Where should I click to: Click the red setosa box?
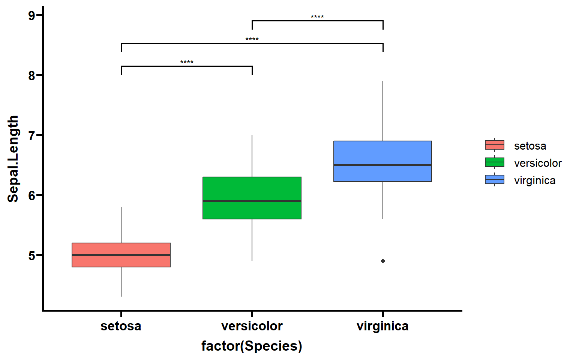click(121, 255)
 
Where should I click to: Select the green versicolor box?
click(252, 198)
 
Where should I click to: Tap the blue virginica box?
click(382, 161)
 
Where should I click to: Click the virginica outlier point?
click(383, 261)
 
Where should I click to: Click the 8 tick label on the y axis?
click(32, 76)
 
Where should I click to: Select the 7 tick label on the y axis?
click(32, 135)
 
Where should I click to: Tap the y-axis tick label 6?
click(32, 196)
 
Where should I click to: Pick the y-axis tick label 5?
click(32, 256)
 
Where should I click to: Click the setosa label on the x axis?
click(121, 326)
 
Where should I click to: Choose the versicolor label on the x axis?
click(252, 326)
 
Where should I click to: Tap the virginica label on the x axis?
click(382, 326)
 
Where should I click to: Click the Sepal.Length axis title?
click(13, 159)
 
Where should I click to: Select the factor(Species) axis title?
click(252, 346)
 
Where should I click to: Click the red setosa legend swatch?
click(495, 145)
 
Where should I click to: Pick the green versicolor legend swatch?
click(495, 162)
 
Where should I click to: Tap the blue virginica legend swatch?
click(495, 180)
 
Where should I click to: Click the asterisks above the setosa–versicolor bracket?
click(187, 62)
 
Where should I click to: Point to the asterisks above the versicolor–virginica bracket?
click(317, 17)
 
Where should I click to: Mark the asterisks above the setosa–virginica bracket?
click(252, 39)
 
